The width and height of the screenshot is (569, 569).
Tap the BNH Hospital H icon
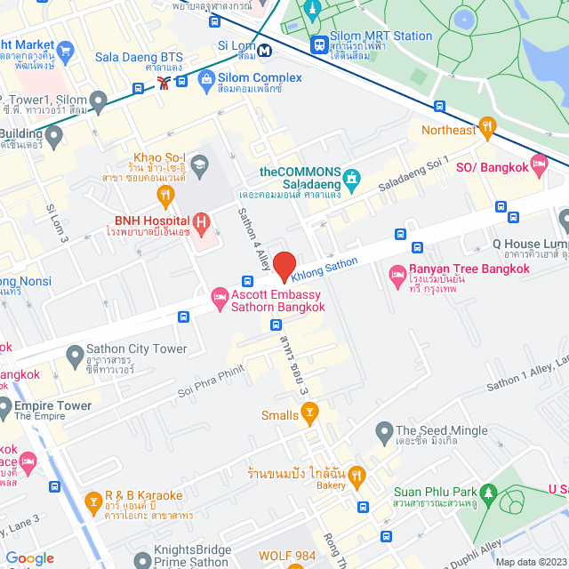click(202, 220)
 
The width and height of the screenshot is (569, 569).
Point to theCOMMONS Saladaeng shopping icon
click(352, 179)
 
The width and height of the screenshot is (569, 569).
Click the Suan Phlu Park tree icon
click(488, 493)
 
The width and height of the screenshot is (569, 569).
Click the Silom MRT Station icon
click(318, 43)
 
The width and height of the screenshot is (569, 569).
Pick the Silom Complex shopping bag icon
click(207, 83)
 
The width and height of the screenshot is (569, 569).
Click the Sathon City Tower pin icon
click(75, 357)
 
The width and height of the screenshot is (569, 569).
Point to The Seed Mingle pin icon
click(384, 435)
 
